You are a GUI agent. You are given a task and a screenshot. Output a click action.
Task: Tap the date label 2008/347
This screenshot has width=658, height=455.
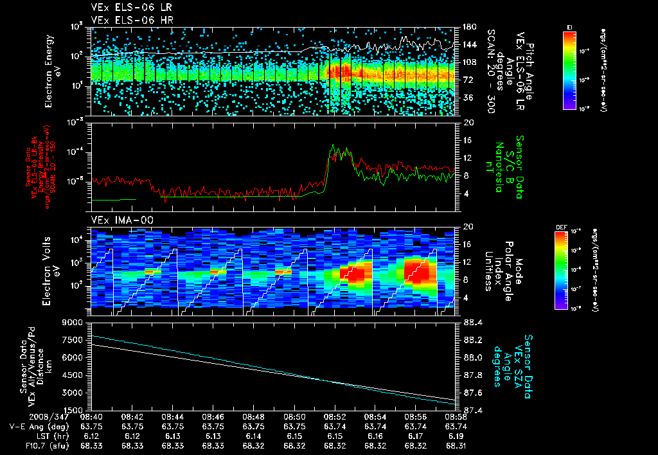point(25,416)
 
